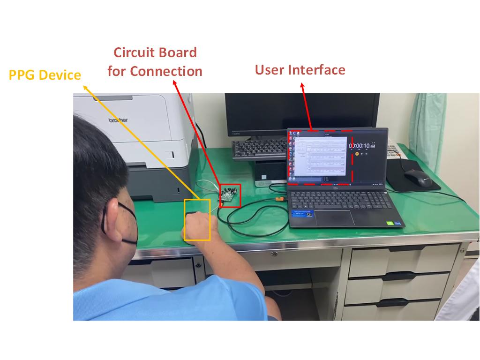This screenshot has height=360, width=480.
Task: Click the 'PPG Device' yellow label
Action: (x=45, y=75)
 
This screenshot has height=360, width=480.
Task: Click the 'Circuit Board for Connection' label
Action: (x=155, y=62)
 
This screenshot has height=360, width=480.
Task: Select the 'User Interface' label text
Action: (x=300, y=70)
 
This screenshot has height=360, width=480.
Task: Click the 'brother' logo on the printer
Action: (x=118, y=120)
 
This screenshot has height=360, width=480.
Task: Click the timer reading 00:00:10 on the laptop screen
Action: (x=361, y=146)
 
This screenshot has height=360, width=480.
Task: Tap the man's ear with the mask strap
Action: (x=111, y=211)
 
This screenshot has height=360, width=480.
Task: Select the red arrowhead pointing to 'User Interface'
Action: (x=302, y=86)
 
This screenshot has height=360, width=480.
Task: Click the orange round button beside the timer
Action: (x=357, y=154)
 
